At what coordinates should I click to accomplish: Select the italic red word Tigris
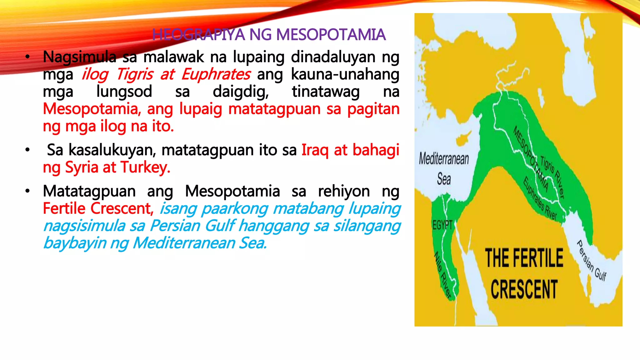(x=135, y=74)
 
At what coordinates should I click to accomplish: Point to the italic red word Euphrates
(x=216, y=74)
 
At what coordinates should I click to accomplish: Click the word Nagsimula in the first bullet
(x=80, y=57)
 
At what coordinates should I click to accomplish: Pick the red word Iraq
(x=315, y=150)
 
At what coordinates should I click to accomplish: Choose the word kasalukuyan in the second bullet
(x=112, y=150)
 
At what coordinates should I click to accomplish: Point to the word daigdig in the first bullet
(x=241, y=92)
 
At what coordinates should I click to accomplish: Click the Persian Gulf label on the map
(x=591, y=261)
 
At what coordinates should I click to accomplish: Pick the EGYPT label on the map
(x=442, y=225)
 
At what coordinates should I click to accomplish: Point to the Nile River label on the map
(x=443, y=275)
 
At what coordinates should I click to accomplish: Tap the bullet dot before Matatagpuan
(x=27, y=191)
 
